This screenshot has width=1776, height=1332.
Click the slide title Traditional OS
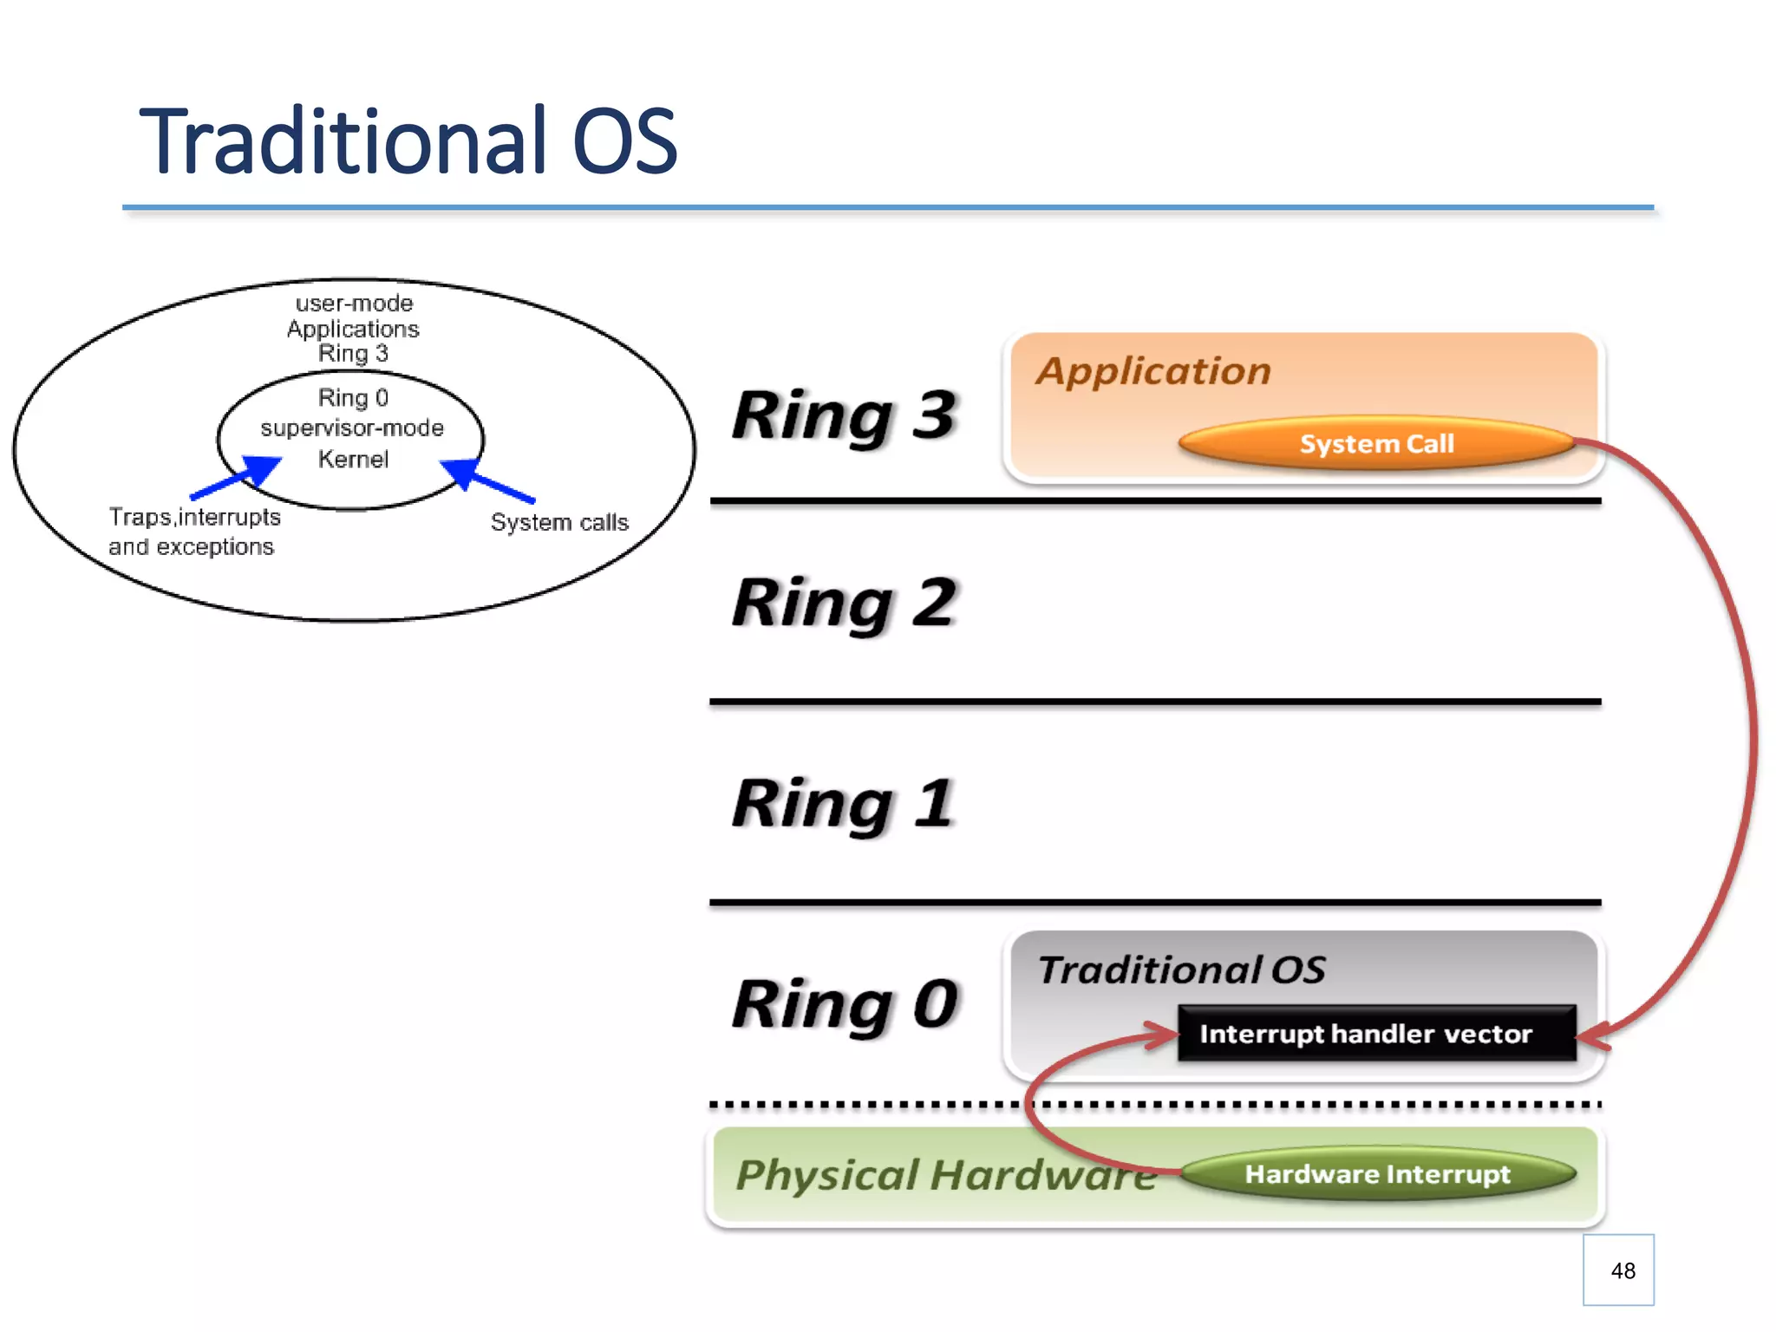408,140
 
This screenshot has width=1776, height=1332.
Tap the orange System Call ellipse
1376,443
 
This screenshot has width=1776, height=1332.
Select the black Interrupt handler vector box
1376,1033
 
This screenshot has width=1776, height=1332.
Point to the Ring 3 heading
844,416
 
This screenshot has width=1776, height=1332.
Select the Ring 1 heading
844,804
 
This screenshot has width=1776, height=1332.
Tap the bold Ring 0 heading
844,1004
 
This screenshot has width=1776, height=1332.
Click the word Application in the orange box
1153,371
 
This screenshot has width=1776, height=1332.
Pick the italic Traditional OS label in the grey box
1181,970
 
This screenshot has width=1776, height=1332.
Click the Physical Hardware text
945,1175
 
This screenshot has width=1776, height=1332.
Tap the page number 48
1623,1270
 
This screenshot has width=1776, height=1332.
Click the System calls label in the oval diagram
559,522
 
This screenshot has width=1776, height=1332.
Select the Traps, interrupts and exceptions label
193,532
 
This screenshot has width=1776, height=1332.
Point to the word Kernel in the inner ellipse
353,459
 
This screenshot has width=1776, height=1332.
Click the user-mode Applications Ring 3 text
353,329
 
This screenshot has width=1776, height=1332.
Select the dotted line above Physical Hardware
867,1105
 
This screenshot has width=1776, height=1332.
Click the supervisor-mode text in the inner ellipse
352,428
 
